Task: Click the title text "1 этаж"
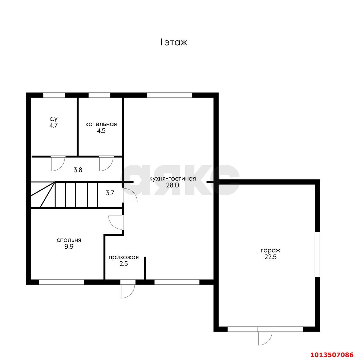tap(174, 42)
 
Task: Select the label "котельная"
tap(101, 124)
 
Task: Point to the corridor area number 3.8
tap(78, 170)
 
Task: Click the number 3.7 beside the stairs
tap(110, 193)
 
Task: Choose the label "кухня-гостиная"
tap(172, 179)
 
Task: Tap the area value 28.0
tap(173, 185)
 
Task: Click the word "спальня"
tap(69, 240)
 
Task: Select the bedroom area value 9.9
tap(69, 246)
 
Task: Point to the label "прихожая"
tap(124, 257)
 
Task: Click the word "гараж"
tap(270, 250)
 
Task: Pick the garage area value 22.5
tap(270, 257)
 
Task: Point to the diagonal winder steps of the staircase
tap(43, 194)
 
